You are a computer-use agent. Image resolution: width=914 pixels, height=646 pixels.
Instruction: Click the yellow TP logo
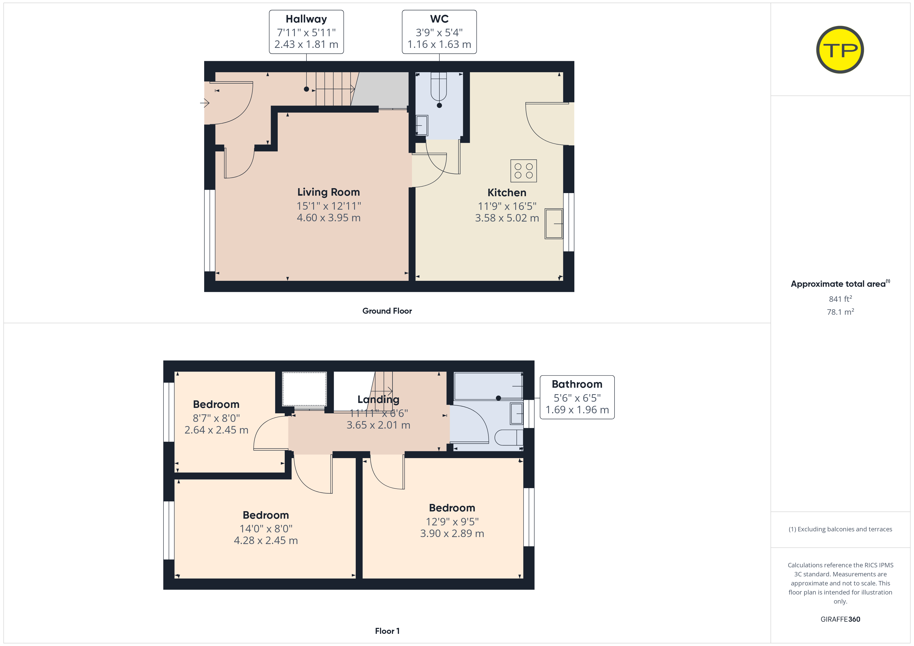[840, 50]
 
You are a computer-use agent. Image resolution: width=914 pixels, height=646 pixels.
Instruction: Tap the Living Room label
[329, 192]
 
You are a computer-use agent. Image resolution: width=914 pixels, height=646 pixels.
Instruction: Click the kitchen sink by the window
[554, 224]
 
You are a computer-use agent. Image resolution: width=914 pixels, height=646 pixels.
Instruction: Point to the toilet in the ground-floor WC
[439, 87]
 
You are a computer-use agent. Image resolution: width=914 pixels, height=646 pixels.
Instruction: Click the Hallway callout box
[306, 32]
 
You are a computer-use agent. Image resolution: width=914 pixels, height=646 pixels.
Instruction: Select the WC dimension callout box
[439, 32]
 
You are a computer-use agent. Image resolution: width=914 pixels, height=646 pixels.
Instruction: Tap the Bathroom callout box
[577, 397]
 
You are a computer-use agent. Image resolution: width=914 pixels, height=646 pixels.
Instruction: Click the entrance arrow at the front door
[205, 103]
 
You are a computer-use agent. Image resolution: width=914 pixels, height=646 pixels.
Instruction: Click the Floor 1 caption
[387, 631]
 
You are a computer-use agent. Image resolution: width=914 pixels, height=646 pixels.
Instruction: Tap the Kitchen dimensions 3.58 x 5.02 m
[507, 218]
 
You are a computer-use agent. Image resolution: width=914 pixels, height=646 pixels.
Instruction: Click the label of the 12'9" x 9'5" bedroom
[452, 508]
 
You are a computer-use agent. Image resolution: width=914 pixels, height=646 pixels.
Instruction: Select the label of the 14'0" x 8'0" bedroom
[266, 515]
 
